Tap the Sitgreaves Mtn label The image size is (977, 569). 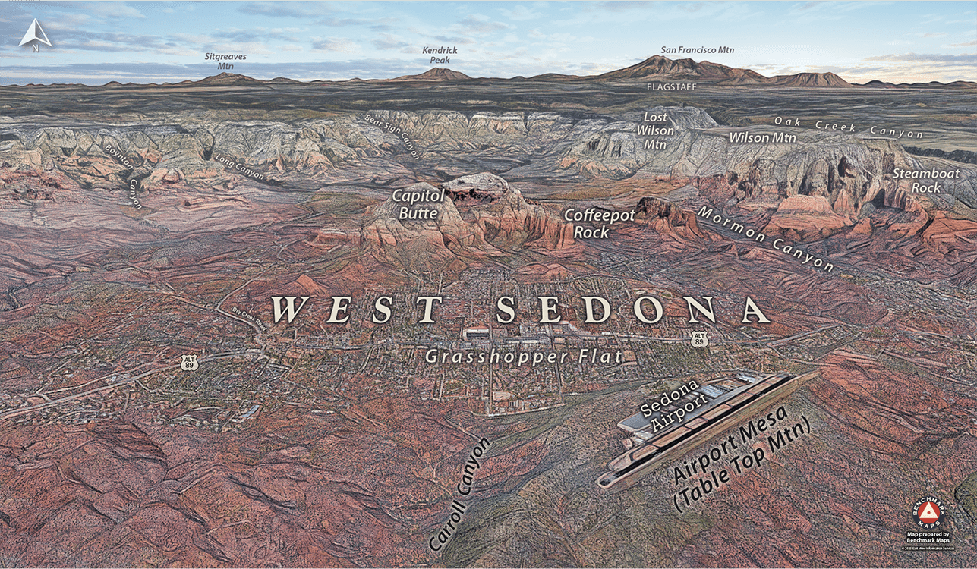226,61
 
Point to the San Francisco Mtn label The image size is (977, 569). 697,50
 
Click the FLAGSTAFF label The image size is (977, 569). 670,86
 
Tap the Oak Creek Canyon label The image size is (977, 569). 848,127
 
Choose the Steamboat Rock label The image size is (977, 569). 925,181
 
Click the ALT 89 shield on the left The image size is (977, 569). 189,362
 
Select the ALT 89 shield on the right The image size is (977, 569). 700,339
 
